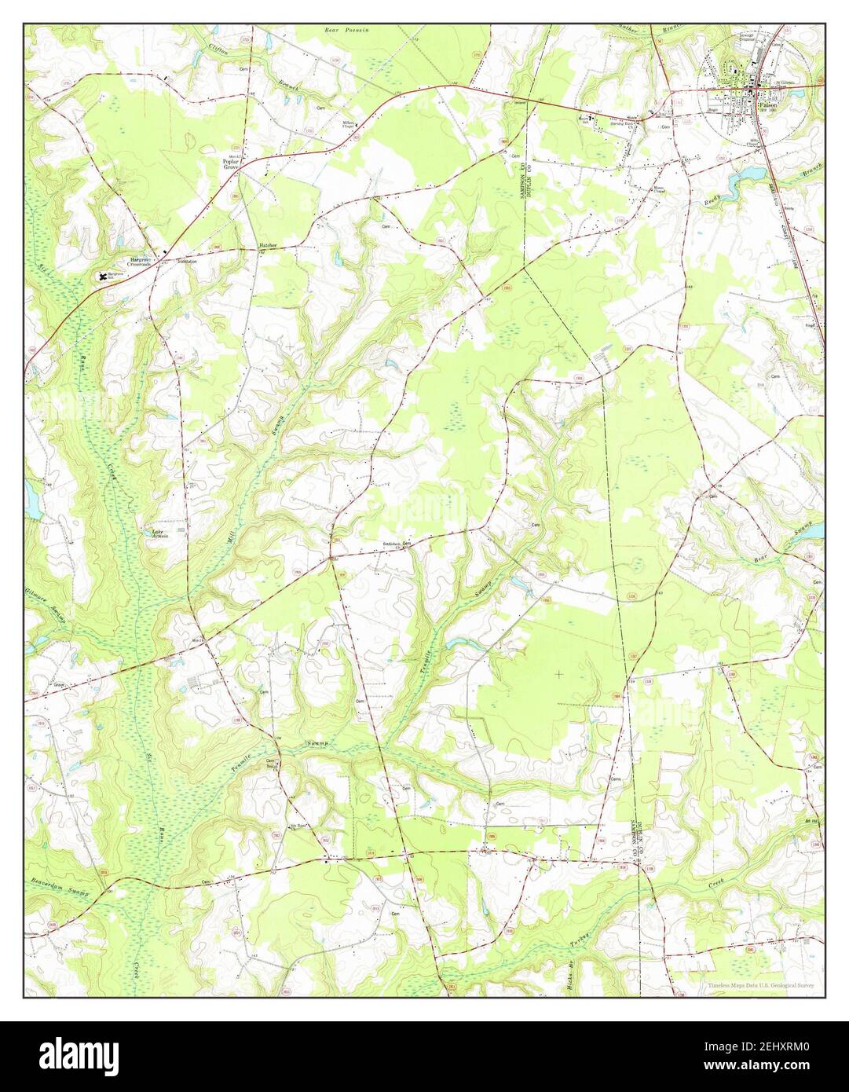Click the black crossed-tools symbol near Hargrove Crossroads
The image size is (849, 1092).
click(101, 276)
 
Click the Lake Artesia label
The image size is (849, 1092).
click(160, 533)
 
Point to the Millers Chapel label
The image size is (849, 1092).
click(349, 125)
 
